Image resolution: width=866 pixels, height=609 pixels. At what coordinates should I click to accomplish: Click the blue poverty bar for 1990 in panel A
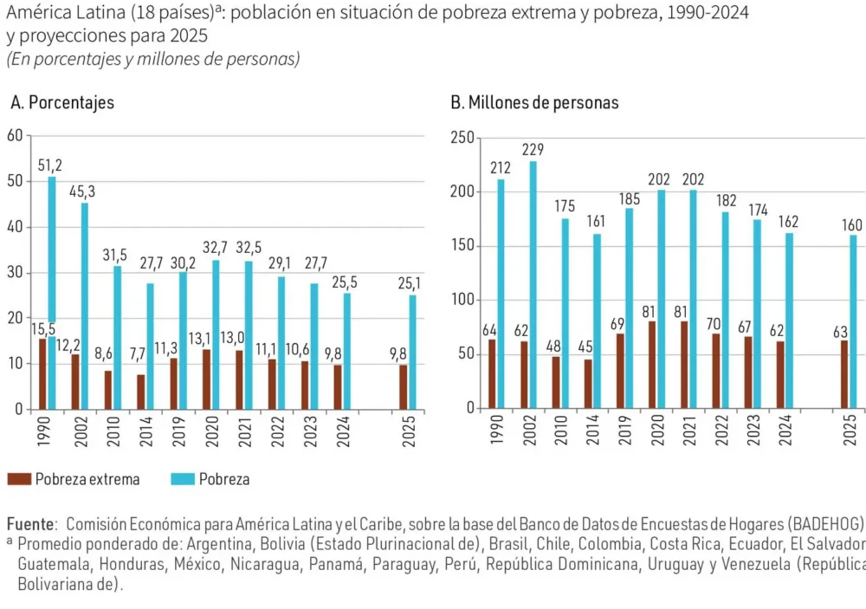click(52, 260)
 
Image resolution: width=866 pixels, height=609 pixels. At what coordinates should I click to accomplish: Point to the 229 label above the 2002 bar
click(533, 149)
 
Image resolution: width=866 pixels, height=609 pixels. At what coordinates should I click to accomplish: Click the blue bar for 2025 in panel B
click(853, 321)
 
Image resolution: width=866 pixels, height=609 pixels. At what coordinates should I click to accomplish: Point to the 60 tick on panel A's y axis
click(14, 135)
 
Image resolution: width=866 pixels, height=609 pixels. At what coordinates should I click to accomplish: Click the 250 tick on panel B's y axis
click(462, 137)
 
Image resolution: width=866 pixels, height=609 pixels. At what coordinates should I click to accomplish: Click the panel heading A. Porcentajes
click(62, 102)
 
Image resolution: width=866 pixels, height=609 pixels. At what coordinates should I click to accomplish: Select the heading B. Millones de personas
click(534, 102)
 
